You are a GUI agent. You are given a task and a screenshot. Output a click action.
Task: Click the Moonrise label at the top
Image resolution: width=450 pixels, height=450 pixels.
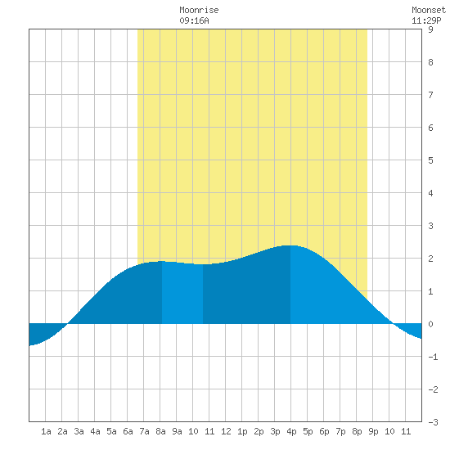[x=199, y=10]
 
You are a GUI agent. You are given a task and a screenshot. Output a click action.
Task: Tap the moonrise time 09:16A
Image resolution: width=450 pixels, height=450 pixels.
[x=194, y=20]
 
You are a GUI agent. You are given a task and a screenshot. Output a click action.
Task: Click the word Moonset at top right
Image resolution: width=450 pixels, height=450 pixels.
[x=429, y=10]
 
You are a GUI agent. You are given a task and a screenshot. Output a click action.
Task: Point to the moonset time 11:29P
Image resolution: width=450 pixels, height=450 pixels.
[x=426, y=20]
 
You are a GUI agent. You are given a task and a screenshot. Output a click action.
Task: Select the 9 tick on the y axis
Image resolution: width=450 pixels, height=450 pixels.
[x=430, y=29]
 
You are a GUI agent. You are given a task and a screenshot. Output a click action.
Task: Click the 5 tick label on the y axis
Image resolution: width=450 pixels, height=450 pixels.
[x=430, y=160]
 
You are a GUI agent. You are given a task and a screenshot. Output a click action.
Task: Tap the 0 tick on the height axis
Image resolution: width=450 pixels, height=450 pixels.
[x=430, y=324]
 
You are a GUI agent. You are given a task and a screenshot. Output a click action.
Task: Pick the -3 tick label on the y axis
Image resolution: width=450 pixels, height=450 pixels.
[x=433, y=422]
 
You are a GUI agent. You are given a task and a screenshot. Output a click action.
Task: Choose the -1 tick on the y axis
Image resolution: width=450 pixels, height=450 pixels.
[x=433, y=357]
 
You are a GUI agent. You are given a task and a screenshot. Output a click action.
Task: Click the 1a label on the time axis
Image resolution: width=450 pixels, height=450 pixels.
[x=46, y=431]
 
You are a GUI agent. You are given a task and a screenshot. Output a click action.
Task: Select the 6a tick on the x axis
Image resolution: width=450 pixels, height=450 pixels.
[x=128, y=431]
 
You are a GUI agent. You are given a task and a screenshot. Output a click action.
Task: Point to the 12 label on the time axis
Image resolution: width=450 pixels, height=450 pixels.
[x=226, y=431]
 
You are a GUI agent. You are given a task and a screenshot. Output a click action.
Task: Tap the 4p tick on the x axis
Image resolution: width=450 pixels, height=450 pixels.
[x=291, y=431]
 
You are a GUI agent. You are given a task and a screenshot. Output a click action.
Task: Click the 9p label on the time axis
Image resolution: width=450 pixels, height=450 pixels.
[x=373, y=431]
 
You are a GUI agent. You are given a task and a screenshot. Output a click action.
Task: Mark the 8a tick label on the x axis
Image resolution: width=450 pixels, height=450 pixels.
[x=160, y=431]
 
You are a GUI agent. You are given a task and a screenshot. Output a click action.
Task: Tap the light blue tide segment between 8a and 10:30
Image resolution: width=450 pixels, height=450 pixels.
[x=182, y=293]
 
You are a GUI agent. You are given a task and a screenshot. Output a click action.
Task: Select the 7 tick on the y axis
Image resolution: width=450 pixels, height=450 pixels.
[x=430, y=95]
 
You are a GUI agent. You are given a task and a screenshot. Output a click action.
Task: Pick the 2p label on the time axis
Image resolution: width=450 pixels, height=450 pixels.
[x=259, y=431]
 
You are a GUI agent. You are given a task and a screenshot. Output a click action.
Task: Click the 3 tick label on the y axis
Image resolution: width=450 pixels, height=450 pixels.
[x=430, y=226]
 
